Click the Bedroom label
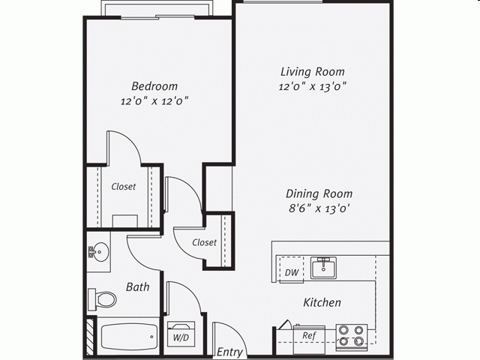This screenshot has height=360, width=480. coord(154,85)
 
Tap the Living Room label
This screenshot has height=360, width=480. coord(313,72)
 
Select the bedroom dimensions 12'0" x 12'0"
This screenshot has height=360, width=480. coord(154,101)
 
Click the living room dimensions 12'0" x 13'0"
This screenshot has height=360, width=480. coord(313,87)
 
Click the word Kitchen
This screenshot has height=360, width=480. coord(322,303)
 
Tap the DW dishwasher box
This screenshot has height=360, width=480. coord(292,271)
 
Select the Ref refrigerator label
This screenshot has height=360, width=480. coord(308,335)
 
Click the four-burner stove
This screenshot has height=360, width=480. coord(351,337)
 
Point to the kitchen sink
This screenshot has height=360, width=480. coord(324,267)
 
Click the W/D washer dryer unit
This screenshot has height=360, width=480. coord(181,336)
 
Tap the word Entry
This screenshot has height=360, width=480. coord(229,352)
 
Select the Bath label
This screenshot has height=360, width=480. coord(137,286)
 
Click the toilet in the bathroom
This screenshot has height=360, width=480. coord(103,299)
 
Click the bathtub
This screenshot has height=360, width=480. coord(127,337)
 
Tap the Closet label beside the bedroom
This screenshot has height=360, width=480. coord(124,187)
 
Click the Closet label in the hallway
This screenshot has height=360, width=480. coord(204,242)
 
